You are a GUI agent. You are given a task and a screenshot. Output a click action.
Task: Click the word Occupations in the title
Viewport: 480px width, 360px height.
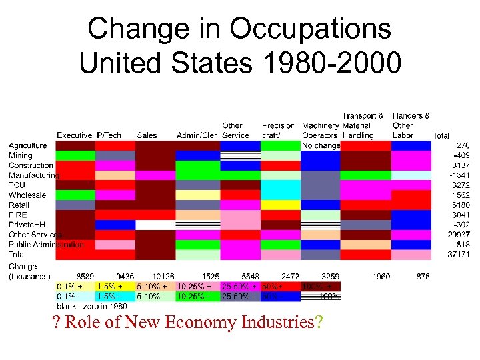(310, 29)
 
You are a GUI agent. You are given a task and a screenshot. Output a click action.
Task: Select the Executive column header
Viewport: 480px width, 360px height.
(74, 135)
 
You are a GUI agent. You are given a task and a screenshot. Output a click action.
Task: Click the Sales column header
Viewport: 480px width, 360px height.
(147, 135)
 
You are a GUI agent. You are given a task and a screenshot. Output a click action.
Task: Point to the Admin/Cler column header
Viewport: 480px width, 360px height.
(197, 135)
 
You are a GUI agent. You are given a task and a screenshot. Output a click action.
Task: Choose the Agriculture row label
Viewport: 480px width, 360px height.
(27, 145)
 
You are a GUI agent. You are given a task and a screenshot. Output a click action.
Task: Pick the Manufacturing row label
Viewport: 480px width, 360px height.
(33, 175)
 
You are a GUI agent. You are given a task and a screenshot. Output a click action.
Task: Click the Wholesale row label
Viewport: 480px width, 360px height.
(27, 195)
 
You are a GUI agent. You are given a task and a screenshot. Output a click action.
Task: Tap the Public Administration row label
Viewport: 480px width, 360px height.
(46, 245)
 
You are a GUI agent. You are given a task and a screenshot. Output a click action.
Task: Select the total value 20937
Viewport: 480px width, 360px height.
(456, 235)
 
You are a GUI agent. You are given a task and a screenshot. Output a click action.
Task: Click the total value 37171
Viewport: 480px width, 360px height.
(456, 255)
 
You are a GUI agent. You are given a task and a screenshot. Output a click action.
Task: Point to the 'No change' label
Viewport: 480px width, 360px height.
(321, 145)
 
